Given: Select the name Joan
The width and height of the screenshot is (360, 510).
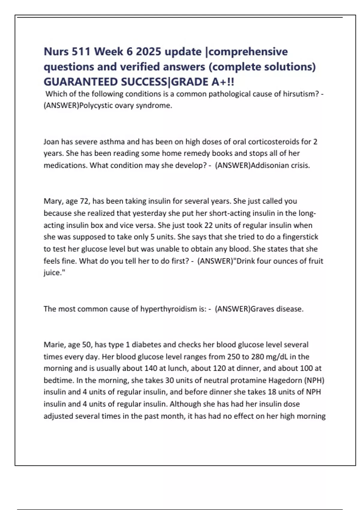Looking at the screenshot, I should pyautogui.click(x=51, y=142).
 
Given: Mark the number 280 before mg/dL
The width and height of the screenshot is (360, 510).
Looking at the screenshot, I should pyautogui.click(x=257, y=356).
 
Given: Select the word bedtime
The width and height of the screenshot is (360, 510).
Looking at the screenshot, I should pyautogui.click(x=59, y=380).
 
